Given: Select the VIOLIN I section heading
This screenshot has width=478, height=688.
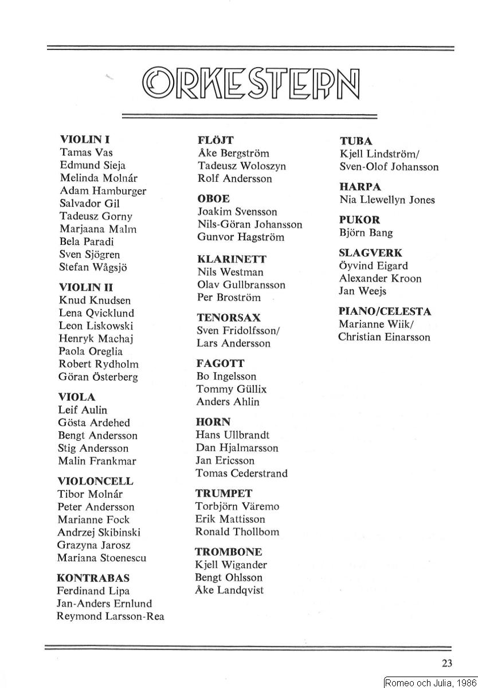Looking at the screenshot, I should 85,139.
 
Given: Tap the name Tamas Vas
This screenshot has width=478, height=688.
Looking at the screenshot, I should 86,153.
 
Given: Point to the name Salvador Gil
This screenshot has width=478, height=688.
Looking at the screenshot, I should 89,204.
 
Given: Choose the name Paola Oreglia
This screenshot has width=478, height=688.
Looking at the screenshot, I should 91,351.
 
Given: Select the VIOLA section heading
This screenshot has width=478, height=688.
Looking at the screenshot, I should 77,397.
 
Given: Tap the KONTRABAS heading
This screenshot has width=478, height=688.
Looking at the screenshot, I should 93,578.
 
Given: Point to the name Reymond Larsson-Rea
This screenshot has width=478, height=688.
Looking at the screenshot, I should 110,616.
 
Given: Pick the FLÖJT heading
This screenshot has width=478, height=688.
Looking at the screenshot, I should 216,140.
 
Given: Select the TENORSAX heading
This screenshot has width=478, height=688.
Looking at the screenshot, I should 228,318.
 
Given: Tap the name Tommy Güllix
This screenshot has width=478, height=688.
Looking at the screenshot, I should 231,389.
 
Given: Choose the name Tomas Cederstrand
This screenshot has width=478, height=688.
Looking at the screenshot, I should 241,473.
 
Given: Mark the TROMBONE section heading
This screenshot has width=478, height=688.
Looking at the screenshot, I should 228,552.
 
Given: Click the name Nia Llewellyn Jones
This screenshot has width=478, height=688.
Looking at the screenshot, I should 387,200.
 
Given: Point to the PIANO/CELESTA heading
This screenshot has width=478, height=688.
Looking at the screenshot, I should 385,312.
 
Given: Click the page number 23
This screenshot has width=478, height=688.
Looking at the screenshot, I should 448,663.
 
